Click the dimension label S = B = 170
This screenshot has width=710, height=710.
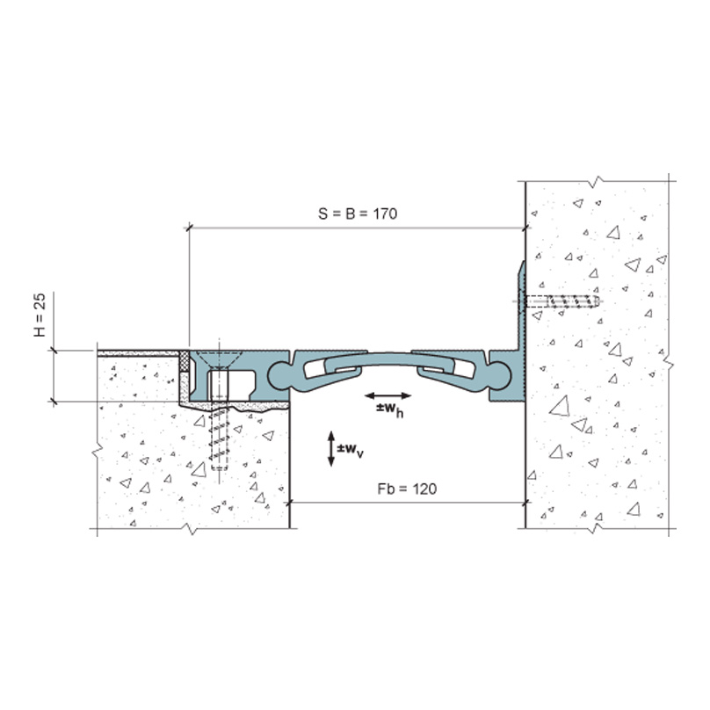[358, 214]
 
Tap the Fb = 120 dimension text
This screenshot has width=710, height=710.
[407, 489]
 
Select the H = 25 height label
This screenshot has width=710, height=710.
[40, 315]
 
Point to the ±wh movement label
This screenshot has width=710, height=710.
[389, 409]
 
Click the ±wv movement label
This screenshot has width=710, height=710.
[350, 450]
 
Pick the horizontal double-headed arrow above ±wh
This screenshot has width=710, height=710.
[388, 395]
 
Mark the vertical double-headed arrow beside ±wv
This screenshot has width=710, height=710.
[331, 449]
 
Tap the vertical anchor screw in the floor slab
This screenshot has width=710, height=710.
[220, 437]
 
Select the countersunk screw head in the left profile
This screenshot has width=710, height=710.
[220, 359]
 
